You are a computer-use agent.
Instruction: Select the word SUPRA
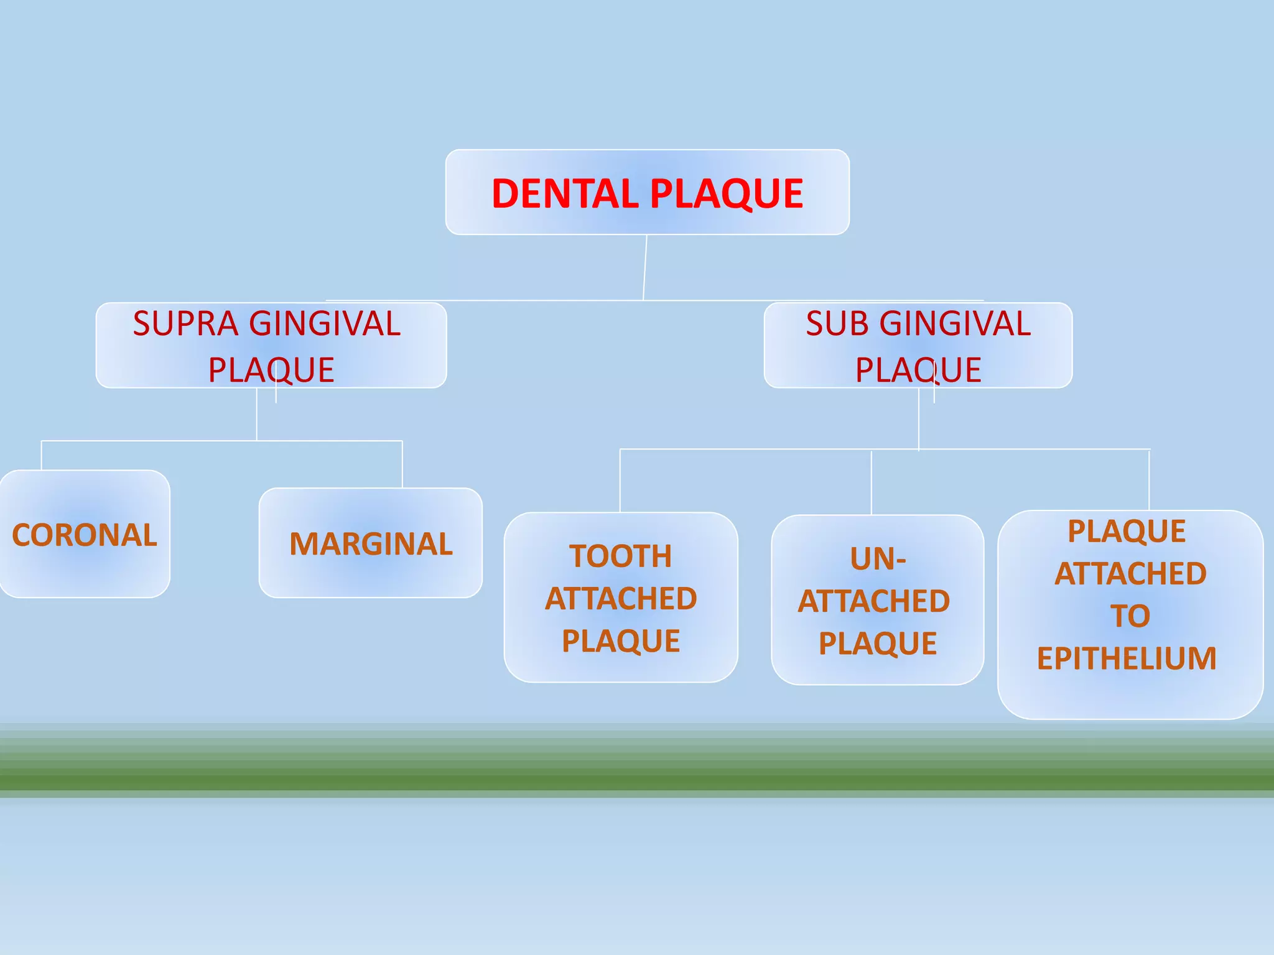pyautogui.click(x=185, y=324)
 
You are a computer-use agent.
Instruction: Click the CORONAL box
pyautogui.click(x=85, y=535)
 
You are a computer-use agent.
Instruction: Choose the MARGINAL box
pyautogui.click(x=371, y=543)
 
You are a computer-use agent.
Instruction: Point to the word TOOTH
pyautogui.click(x=621, y=556)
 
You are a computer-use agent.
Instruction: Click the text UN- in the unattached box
pyautogui.click(x=878, y=559)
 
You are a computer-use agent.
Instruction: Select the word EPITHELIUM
pyautogui.click(x=1127, y=658)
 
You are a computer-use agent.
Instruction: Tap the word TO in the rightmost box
pyautogui.click(x=1130, y=616)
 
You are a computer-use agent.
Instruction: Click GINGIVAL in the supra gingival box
pyautogui.click(x=325, y=324)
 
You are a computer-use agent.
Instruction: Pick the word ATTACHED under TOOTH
pyautogui.click(x=621, y=599)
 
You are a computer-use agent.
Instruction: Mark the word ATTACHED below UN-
pyautogui.click(x=874, y=601)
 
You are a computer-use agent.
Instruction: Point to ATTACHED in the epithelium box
pyautogui.click(x=1130, y=573)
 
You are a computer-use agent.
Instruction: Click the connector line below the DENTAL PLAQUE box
pyautogui.click(x=645, y=267)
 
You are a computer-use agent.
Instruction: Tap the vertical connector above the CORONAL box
pyautogui.click(x=42, y=456)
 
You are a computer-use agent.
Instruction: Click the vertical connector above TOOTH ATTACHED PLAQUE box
pyautogui.click(x=620, y=481)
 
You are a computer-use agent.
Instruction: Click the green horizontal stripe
pyautogui.click(x=637, y=777)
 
